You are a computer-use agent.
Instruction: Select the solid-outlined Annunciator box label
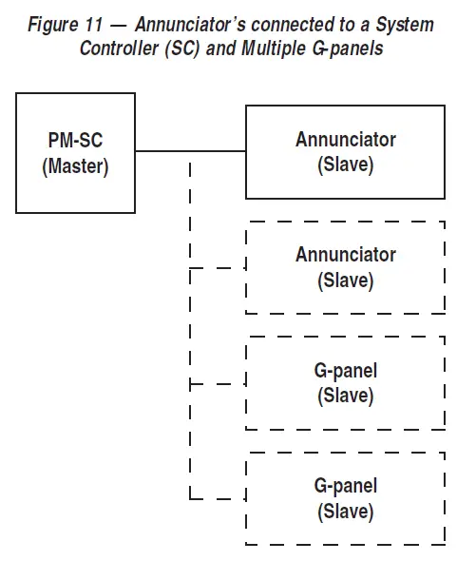346,140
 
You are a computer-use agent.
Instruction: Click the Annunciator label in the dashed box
346,255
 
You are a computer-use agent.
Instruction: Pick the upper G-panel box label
346,370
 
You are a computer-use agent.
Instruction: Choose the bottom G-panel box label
346,486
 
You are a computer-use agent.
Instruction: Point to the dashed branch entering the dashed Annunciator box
219,268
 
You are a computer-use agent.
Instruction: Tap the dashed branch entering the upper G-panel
219,384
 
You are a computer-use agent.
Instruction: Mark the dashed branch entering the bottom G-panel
219,498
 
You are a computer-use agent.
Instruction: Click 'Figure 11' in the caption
65,25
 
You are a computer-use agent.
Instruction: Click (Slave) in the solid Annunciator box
346,165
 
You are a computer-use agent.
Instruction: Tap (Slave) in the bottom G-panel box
346,512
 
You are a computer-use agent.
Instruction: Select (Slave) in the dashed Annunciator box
346,281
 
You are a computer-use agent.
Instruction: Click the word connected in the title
291,25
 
